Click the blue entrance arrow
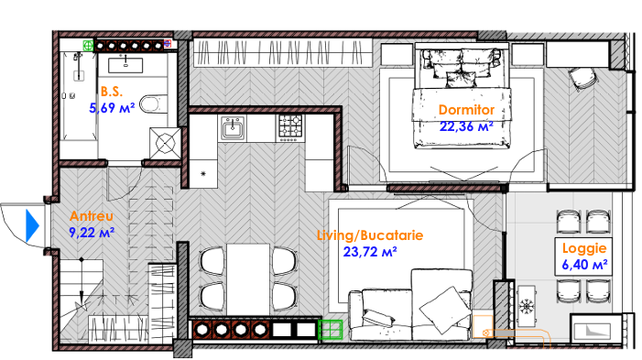coord(32,225)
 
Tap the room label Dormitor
coord(466,110)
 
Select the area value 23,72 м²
coord(370,252)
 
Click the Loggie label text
coord(584,248)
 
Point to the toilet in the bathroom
coord(153,104)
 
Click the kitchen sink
coord(233,128)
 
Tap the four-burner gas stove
coord(290,127)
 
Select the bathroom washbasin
coord(125,65)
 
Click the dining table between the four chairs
coord(248,279)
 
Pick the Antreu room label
coord(92,216)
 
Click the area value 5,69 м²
coord(112,108)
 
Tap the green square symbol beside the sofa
coord(330,330)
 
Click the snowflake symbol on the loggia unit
coord(526,306)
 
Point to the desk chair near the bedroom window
coord(582,79)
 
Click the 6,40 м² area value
coord(584,265)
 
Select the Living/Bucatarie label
coord(370,235)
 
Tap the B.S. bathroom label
coord(112,92)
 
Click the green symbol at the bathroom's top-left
coord(89,46)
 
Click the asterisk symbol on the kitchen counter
coord(203,174)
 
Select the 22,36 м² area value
coord(466,126)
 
